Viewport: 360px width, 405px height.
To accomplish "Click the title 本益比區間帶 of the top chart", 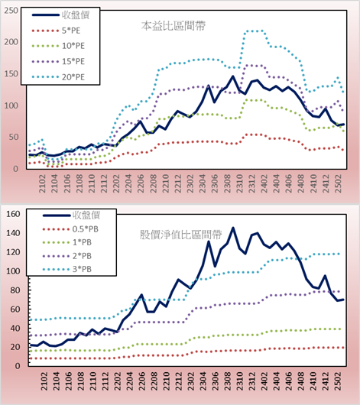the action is click(x=174, y=26).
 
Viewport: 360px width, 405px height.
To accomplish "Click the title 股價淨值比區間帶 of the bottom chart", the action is click(x=180, y=235).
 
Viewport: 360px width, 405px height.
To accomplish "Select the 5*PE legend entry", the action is click(x=56, y=31).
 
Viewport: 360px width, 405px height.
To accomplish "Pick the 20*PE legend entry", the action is click(x=58, y=77).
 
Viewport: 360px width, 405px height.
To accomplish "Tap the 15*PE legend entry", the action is click(x=58, y=61).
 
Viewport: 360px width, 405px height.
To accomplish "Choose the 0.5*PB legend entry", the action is click(x=70, y=229).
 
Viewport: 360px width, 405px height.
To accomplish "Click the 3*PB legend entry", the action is click(x=67, y=269).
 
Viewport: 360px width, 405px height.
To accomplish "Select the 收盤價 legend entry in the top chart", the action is click(x=60, y=15).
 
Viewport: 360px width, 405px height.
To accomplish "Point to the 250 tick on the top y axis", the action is click(x=11, y=11).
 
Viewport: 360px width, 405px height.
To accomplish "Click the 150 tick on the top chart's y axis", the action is click(x=11, y=74).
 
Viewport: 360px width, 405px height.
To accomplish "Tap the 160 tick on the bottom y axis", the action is click(x=13, y=214).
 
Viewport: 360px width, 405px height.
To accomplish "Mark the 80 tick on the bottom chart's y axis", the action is click(x=15, y=290).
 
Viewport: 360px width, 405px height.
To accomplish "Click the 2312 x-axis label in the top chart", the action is click(x=252, y=183).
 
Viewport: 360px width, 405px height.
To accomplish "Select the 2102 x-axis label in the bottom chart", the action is click(x=44, y=381).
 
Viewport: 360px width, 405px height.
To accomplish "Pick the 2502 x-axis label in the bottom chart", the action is click(x=338, y=381).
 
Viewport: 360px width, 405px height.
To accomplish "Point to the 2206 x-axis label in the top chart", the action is click(x=141, y=183).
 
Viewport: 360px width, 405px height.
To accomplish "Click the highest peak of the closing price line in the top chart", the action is click(x=232, y=76).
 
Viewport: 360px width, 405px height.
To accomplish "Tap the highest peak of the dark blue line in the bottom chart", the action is click(x=233, y=228).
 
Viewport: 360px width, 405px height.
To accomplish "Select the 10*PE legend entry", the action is click(x=58, y=46).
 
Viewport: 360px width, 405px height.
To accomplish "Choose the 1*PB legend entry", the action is click(x=67, y=242).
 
